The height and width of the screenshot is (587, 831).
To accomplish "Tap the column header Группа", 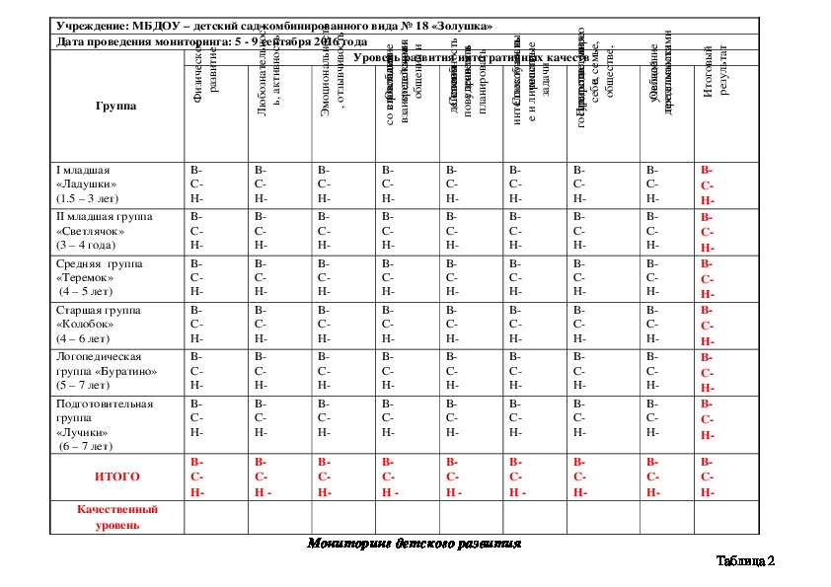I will point(115,106).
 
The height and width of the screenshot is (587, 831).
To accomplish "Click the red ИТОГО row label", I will point(116,477).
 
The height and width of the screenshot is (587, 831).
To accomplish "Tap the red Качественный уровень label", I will point(116,517).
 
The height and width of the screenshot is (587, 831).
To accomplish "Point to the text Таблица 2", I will point(745,561).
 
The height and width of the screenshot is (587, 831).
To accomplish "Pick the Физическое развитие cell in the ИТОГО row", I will point(197,477).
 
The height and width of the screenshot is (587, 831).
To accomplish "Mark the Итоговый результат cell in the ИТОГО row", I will point(708,477).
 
